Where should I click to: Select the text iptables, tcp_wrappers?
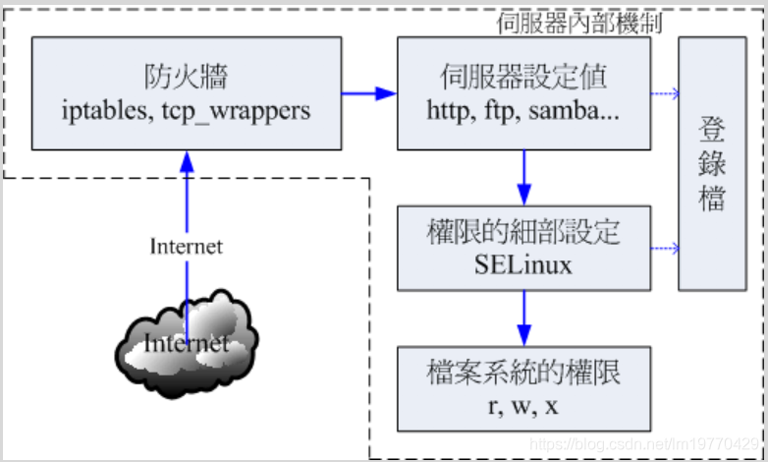(186, 110)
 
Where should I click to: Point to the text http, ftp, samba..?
(523, 110)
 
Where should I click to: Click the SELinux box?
(523, 248)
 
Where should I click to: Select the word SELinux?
(523, 264)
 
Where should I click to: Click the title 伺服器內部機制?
(579, 23)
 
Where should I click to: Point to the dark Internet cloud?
(187, 339)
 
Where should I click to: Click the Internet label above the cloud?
(186, 246)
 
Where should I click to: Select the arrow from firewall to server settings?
(369, 93)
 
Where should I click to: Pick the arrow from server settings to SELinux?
(523, 177)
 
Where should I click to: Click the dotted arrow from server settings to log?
(665, 94)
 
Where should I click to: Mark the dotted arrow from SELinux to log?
(665, 248)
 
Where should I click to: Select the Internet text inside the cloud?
(186, 344)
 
